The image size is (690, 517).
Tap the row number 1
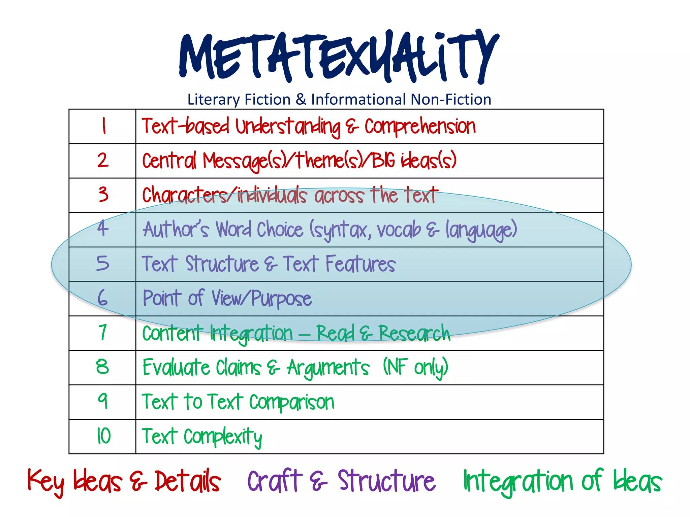[104, 126]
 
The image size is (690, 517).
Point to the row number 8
[102, 367]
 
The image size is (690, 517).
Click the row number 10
[103, 436]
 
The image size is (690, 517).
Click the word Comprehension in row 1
[420, 127]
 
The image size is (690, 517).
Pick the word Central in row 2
[169, 161]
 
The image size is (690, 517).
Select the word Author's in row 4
[176, 230]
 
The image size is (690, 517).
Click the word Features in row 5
[360, 264]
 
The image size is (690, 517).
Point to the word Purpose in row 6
[281, 299]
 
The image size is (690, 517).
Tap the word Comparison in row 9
[292, 402]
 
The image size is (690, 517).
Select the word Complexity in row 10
[223, 437]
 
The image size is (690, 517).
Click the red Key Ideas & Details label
[124, 481]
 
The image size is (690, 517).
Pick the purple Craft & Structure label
[341, 481]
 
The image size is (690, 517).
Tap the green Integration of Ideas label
[562, 481]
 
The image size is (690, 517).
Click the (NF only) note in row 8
[415, 367]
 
